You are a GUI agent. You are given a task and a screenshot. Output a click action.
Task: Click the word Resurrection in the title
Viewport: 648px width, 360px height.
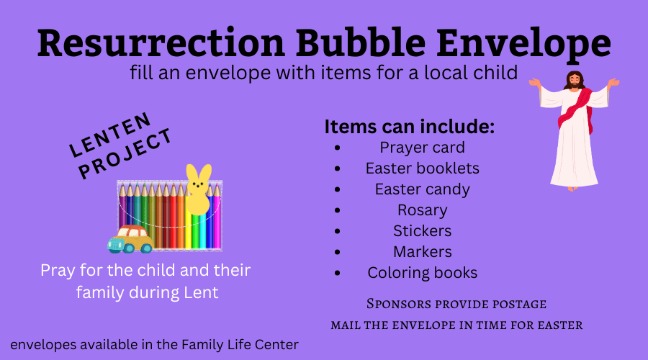[x=161, y=42]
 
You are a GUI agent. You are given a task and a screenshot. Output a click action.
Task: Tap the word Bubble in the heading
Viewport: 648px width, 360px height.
[x=361, y=42]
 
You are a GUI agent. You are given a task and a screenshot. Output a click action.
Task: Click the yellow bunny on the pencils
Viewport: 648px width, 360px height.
[x=199, y=189]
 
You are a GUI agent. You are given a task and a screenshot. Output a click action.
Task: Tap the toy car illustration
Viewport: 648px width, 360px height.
[x=130, y=239]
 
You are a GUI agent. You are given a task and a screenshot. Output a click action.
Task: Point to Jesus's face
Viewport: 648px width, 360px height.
[x=575, y=80]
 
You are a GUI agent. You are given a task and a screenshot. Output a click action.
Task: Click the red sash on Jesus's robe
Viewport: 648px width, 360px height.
[x=576, y=109]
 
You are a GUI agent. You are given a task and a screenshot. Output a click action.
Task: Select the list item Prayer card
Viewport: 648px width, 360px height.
[x=422, y=148]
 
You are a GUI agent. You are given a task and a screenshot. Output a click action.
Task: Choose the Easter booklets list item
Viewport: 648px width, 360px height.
[x=423, y=168]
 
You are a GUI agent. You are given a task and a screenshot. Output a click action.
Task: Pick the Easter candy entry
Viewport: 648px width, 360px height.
[x=422, y=189]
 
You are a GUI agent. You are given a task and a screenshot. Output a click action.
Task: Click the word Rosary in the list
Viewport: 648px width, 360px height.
[x=422, y=210]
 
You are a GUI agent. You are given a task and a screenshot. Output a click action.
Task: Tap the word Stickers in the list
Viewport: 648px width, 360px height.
[x=422, y=231]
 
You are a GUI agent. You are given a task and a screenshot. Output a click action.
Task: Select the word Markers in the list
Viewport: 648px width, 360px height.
[x=422, y=252]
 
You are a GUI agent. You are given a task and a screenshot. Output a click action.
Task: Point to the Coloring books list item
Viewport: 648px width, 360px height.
[x=423, y=273]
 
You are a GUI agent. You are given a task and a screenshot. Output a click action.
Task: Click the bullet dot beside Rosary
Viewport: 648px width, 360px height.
[x=338, y=210]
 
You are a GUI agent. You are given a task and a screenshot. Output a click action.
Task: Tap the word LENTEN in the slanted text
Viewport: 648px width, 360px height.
[x=110, y=135]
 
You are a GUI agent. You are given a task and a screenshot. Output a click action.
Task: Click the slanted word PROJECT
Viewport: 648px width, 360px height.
[x=125, y=154]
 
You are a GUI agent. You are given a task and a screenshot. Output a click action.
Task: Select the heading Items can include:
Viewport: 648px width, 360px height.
[x=409, y=127]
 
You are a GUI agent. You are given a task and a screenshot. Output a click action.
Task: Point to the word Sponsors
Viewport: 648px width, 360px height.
[x=393, y=304]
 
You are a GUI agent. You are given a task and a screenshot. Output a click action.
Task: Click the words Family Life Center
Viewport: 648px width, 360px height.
[x=240, y=345]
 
